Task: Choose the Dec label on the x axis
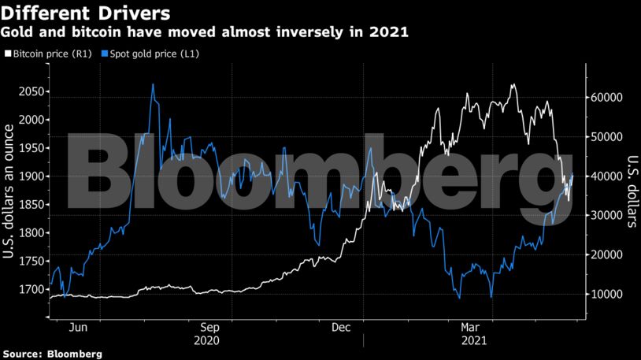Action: pos(341,326)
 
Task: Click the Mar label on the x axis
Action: pos(470,326)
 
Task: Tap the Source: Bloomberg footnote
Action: pos(52,354)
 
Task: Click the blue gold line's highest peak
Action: pos(153,84)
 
